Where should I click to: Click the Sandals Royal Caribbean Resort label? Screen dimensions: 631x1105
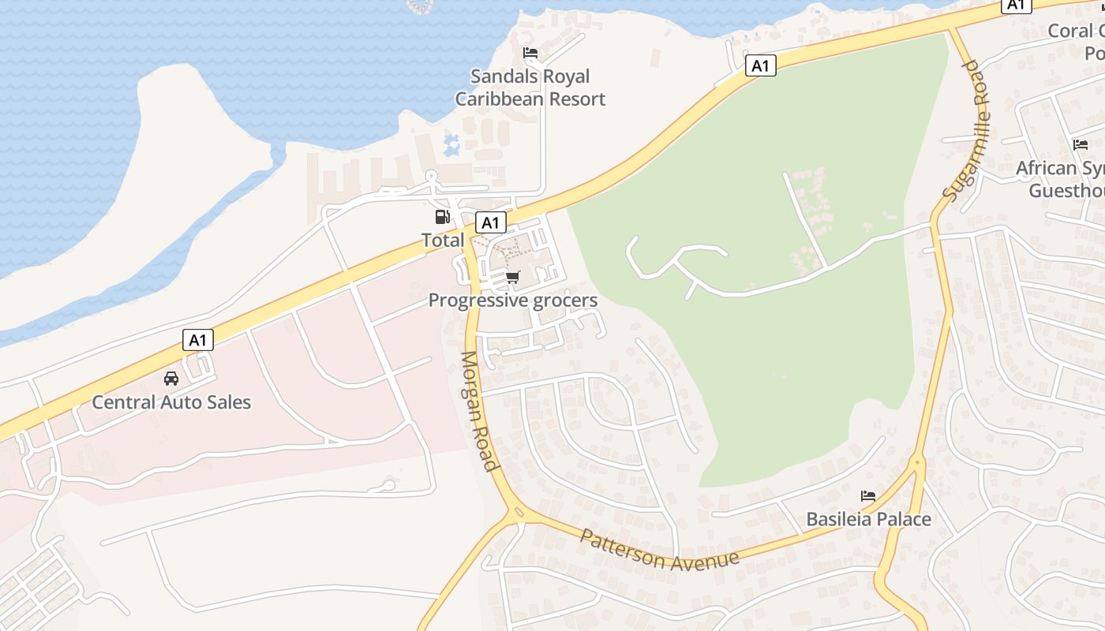coord(530,88)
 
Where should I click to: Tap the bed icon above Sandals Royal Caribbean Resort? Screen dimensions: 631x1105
coord(530,53)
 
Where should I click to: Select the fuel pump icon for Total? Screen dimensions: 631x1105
coord(443,216)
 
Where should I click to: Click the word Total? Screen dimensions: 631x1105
coord(443,240)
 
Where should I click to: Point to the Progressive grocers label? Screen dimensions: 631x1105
coord(513,301)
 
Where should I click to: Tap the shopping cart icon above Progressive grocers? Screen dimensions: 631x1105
coord(513,277)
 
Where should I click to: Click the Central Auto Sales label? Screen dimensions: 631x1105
coord(171,402)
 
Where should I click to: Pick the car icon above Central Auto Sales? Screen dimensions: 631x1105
coord(171,379)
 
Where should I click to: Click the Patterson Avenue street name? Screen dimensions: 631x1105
coord(659,550)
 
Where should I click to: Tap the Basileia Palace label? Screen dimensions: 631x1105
coord(868,519)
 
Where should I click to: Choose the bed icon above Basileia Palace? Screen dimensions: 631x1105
coord(868,496)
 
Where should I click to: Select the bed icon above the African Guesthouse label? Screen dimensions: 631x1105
coord(1081,144)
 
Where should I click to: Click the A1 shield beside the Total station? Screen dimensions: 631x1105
coord(490,223)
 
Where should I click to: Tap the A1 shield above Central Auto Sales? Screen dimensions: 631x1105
coord(198,341)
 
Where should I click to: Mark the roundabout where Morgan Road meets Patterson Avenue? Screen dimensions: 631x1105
coord(518,513)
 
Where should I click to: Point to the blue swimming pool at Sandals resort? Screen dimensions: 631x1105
coord(451,144)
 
